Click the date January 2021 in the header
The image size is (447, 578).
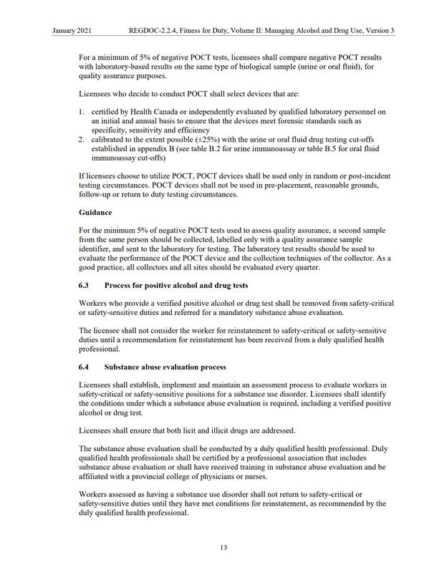pyautogui.click(x=72, y=31)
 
